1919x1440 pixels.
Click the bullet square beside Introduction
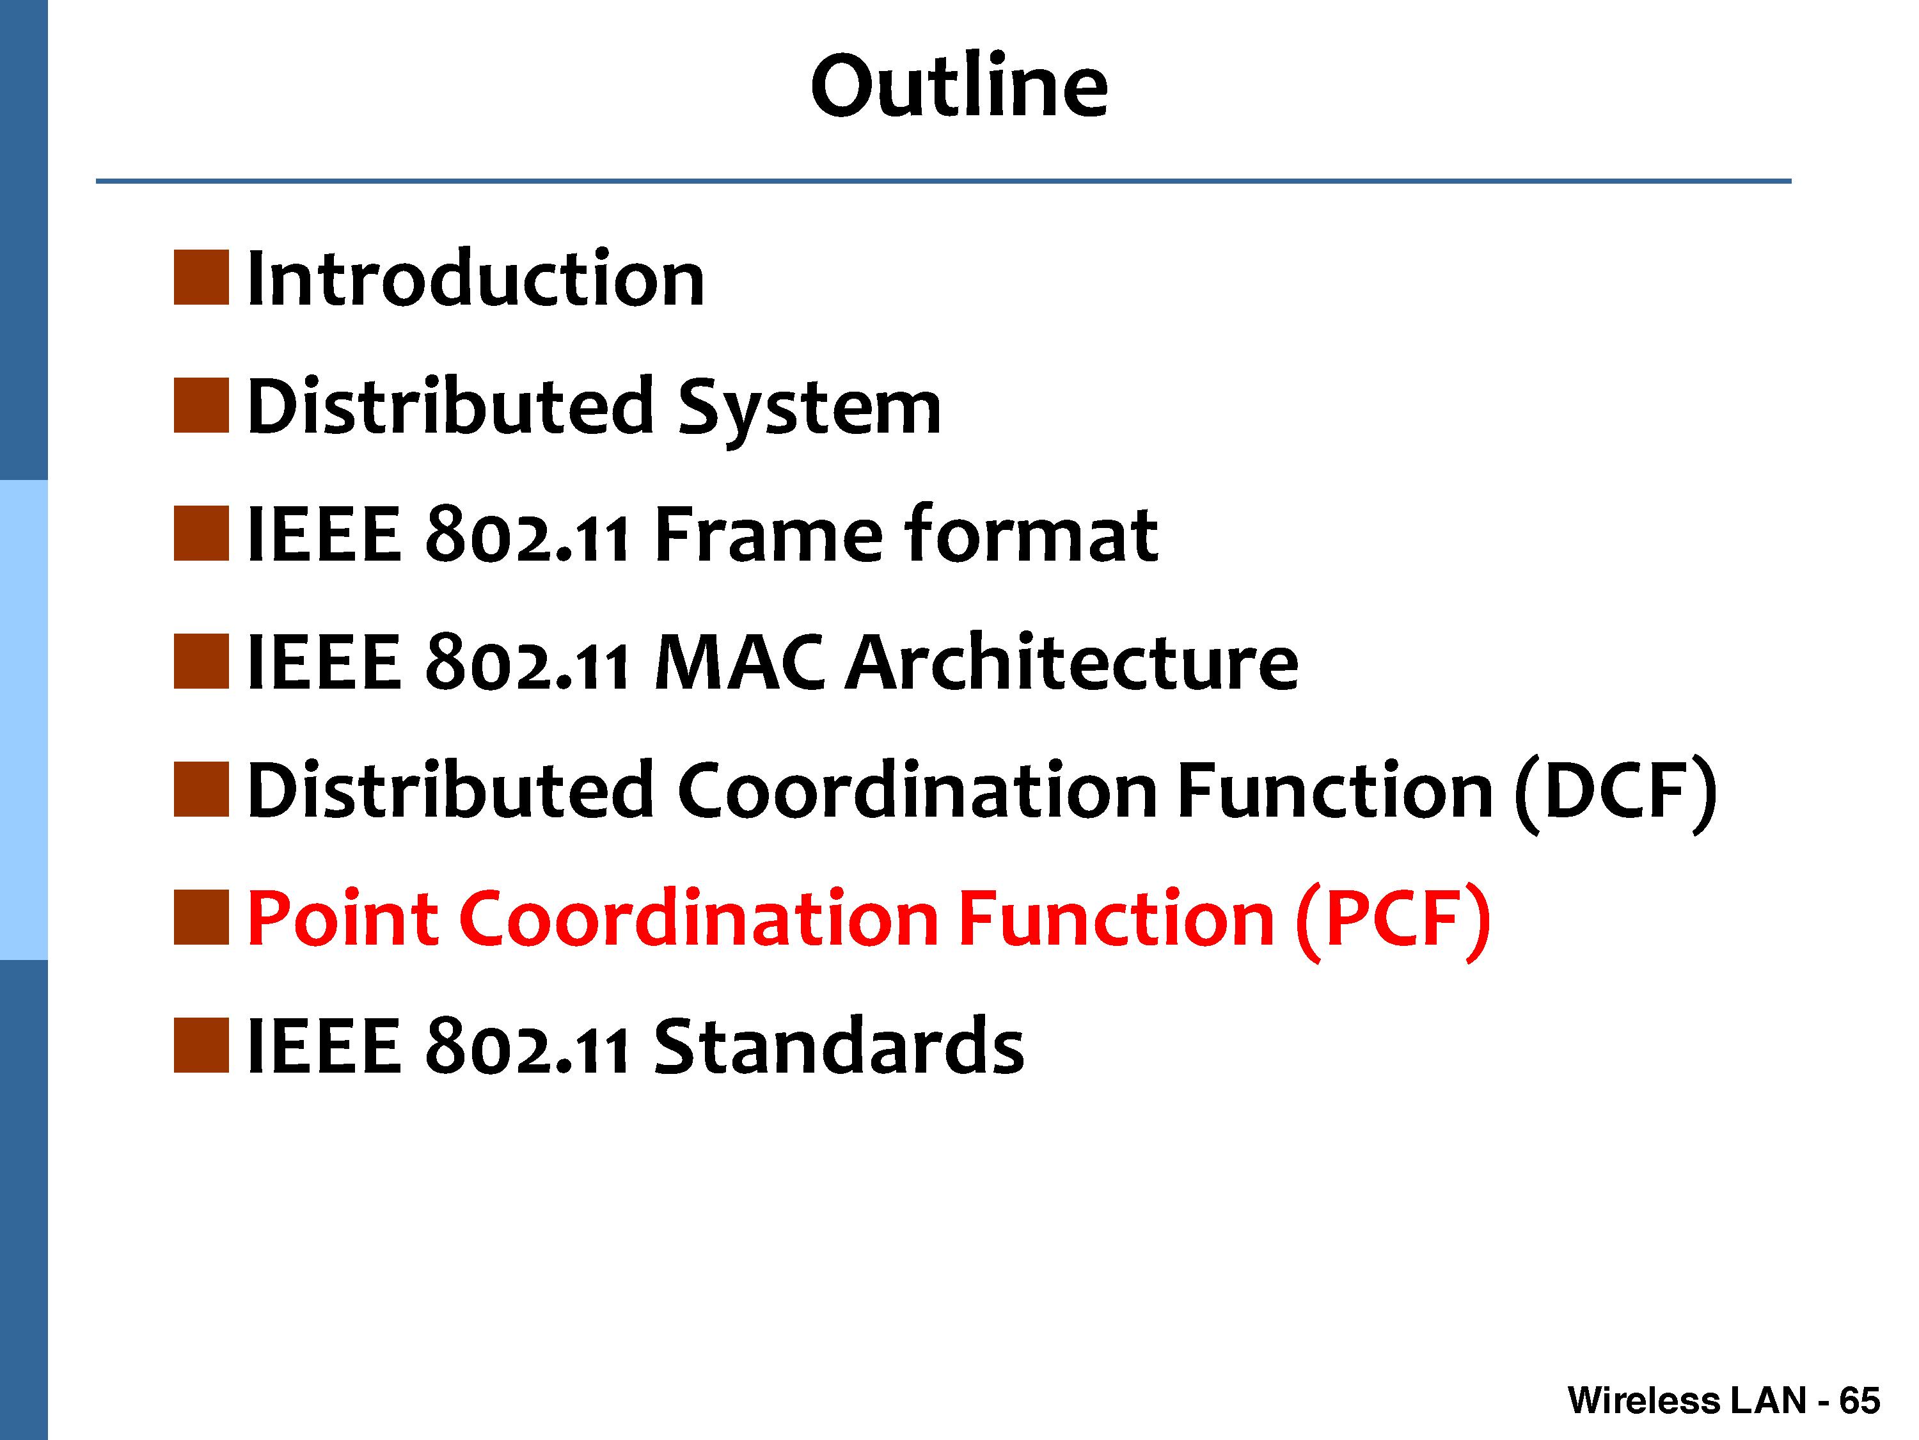[201, 278]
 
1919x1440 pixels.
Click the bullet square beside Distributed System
[201, 405]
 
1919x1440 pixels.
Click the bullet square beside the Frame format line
[201, 533]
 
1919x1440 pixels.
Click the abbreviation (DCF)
[1615, 792]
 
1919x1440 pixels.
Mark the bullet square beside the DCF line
[201, 789]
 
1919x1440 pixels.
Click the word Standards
[838, 1045]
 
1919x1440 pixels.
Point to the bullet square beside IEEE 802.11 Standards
[201, 1045]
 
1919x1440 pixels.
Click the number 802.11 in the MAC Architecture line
[526, 662]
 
